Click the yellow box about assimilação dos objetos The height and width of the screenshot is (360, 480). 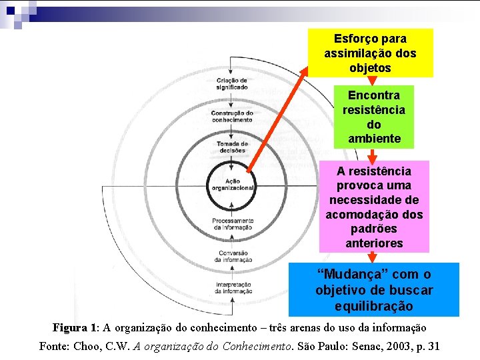click(x=370, y=53)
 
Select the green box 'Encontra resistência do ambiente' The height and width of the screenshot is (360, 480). click(x=373, y=117)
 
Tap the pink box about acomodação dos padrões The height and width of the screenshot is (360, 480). click(x=373, y=207)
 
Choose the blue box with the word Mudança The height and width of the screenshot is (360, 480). click(x=373, y=290)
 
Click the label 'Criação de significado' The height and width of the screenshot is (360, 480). click(x=232, y=84)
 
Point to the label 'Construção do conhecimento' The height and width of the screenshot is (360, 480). click(x=232, y=116)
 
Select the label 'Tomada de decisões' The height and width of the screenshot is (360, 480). click(x=232, y=147)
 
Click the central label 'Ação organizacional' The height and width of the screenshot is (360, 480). click(x=232, y=185)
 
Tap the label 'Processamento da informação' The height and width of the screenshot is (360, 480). click(x=232, y=223)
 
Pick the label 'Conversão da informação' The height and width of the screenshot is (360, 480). click(x=232, y=256)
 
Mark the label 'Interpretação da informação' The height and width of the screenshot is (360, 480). click(x=232, y=287)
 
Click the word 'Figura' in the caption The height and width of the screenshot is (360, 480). click(x=70, y=328)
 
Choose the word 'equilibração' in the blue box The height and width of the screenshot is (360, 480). click(x=373, y=307)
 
